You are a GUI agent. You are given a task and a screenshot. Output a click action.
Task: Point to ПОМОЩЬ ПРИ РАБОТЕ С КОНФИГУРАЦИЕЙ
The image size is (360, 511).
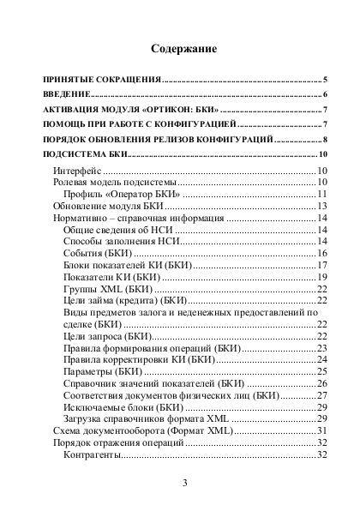(128, 125)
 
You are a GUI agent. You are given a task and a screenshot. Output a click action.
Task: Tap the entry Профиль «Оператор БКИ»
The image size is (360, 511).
(120, 195)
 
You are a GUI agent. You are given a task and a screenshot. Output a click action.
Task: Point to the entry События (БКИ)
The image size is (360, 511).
(98, 254)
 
